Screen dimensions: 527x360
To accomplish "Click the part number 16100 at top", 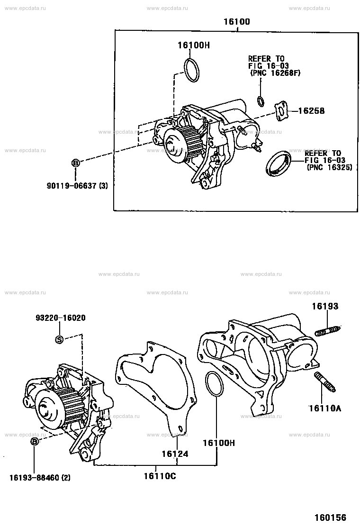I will coord(238,22).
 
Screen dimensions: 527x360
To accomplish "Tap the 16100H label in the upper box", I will coord(193,45).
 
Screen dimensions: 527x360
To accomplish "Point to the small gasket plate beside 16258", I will coord(282,111).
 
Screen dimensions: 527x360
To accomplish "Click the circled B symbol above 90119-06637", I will coord(75,163).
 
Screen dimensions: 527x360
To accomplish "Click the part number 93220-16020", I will coord(60,318).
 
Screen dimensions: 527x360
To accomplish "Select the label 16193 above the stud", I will coord(325,306).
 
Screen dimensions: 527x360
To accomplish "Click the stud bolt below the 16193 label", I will coord(328,330).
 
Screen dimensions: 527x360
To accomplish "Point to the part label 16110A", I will coord(324,407).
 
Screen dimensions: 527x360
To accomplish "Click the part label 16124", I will coord(175,454).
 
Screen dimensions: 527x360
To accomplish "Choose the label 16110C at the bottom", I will coord(160,475).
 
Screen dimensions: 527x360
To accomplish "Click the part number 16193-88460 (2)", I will coord(40,477).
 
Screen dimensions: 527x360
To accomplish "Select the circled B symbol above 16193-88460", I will coord(35,442).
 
